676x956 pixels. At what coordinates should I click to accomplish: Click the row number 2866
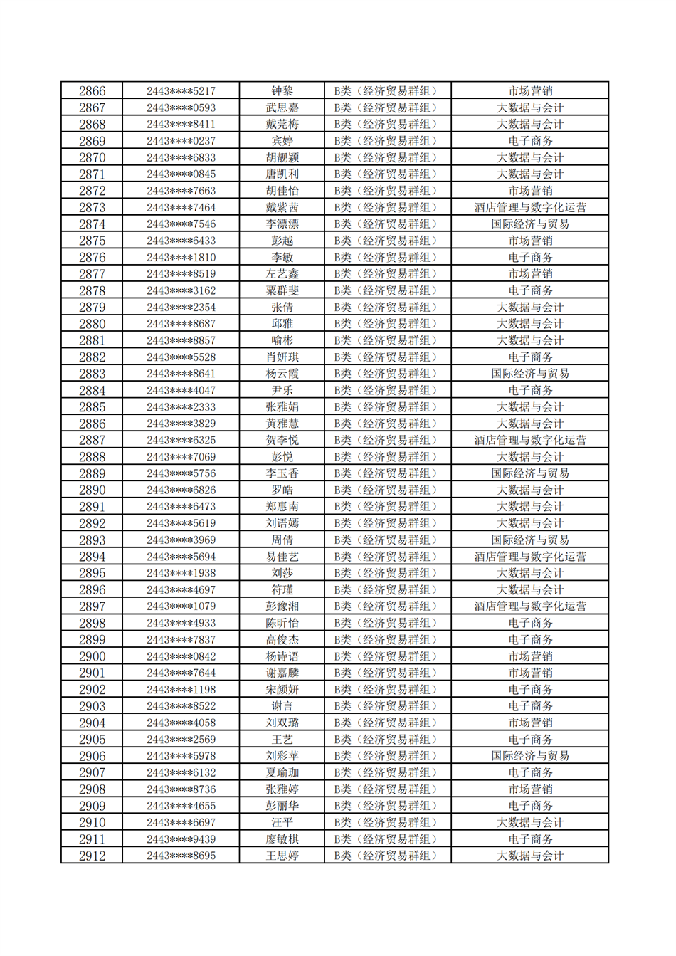(92, 91)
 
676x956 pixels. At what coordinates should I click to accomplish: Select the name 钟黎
(282, 91)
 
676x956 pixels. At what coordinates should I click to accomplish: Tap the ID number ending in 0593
(181, 107)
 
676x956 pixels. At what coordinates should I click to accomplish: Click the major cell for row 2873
(530, 207)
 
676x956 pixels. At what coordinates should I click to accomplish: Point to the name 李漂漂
(282, 224)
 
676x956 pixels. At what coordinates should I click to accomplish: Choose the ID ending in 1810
(181, 258)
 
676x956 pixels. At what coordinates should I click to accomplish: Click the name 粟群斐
(282, 290)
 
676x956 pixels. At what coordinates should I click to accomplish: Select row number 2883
(92, 374)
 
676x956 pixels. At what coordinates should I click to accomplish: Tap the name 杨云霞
(282, 374)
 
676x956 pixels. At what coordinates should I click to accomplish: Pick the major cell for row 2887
(530, 440)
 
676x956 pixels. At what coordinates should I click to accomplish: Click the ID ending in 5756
(181, 473)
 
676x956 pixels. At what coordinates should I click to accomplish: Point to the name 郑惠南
(282, 507)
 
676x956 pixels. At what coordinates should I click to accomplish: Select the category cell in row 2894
(388, 557)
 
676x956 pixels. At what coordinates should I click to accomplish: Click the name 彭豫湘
(282, 606)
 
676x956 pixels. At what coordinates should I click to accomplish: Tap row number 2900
(92, 656)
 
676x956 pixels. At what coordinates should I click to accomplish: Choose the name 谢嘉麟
(282, 673)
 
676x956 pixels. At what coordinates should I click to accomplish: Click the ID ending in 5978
(181, 756)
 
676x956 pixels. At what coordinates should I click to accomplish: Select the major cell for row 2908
(530, 789)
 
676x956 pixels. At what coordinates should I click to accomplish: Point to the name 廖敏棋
(282, 839)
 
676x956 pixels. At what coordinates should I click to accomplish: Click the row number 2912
(92, 856)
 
